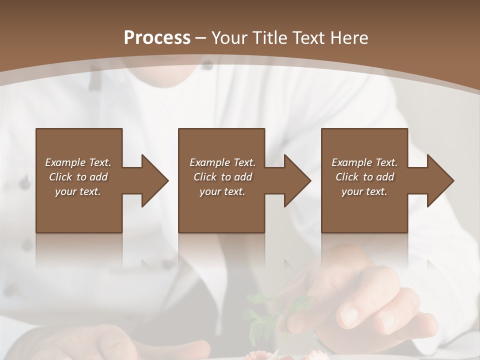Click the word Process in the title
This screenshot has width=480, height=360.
pyautogui.click(x=157, y=38)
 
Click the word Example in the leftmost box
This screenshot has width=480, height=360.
pyautogui.click(x=65, y=162)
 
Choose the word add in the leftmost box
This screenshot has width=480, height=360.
pyautogui.click(x=98, y=177)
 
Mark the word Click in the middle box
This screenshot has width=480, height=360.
pyautogui.click(x=204, y=177)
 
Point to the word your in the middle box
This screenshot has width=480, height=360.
pyautogui.click(x=210, y=191)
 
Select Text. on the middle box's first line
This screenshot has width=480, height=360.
pyautogui.click(x=244, y=162)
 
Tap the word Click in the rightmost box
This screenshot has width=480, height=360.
pyautogui.click(x=346, y=177)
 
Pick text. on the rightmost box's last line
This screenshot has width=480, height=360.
pyautogui.click(x=376, y=191)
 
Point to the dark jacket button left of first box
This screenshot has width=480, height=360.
pyautogui.click(x=24, y=183)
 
